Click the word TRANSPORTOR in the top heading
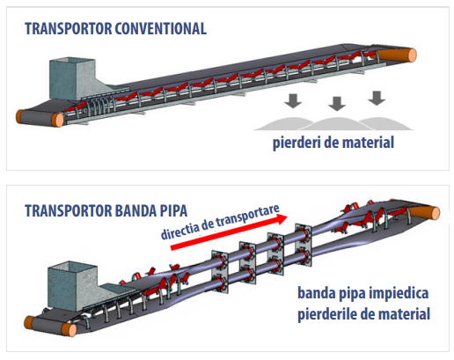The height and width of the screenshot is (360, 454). (69, 29)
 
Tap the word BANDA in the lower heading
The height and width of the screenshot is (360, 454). (135, 210)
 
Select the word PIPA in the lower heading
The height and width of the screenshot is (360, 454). (173, 210)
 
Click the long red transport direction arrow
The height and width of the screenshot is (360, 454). (229, 232)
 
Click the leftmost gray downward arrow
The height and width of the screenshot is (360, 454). (293, 100)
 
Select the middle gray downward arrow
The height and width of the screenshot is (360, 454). (337, 104)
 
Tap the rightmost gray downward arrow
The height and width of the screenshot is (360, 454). (377, 99)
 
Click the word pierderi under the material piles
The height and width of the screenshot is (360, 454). (297, 143)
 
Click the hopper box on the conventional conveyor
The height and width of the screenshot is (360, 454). (72, 78)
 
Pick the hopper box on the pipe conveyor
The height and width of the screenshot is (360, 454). (72, 285)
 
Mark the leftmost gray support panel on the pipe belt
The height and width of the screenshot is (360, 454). (220, 272)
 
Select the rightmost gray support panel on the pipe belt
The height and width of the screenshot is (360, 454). (304, 245)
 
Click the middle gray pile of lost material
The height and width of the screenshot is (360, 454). (337, 123)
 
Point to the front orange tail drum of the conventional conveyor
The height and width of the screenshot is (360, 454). (57, 120)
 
